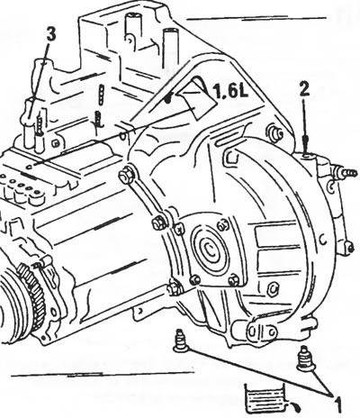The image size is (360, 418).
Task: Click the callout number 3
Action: (51, 34)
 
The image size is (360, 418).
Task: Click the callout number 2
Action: (304, 89)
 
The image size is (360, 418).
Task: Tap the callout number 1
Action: (337, 404)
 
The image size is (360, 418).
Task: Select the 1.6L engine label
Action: (230, 90)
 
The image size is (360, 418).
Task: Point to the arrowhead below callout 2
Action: (305, 144)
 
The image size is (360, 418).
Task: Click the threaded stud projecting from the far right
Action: (348, 173)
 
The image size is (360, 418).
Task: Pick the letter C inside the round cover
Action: (211, 249)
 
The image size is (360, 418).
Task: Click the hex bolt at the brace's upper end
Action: (125, 175)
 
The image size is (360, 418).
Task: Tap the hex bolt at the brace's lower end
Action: (158, 223)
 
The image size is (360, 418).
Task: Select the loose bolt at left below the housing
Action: (180, 341)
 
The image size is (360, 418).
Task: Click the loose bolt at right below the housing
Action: (304, 359)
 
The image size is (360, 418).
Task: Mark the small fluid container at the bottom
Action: (265, 397)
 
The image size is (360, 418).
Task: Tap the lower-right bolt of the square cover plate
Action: (234, 280)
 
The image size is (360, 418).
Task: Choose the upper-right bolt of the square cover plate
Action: (222, 224)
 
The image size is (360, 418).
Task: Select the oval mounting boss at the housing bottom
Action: (262, 332)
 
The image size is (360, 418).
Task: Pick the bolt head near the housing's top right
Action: (275, 132)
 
